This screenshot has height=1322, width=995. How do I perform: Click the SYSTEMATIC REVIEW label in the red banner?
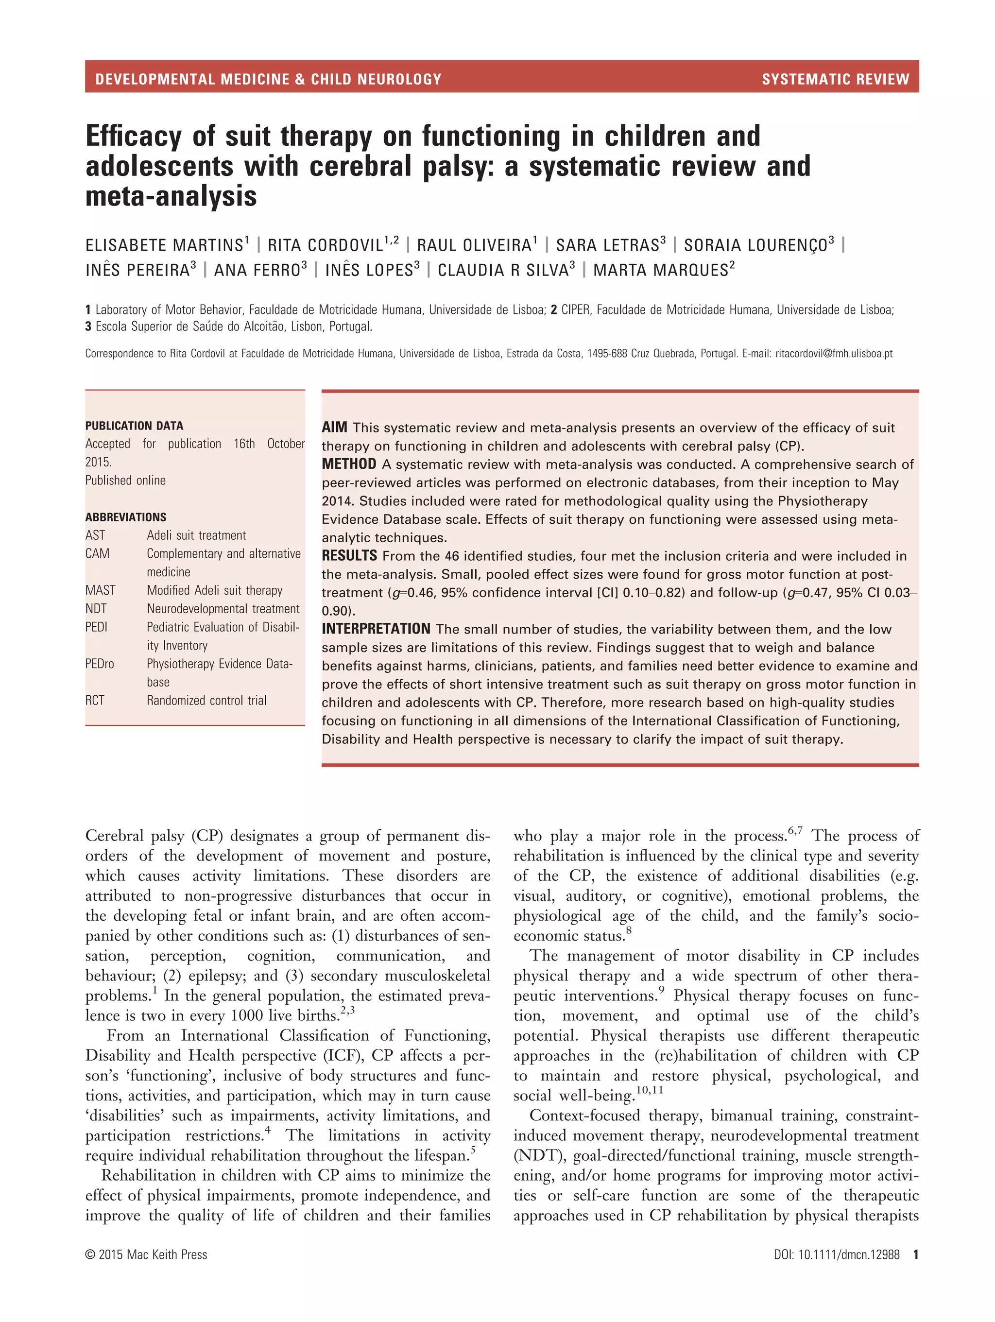[x=835, y=79]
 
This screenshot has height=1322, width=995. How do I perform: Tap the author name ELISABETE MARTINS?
[x=164, y=245]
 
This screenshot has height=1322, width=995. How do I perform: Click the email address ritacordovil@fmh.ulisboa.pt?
[x=834, y=353]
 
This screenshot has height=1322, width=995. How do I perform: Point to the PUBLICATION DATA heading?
[x=134, y=426]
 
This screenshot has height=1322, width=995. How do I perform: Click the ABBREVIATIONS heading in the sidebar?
[x=125, y=517]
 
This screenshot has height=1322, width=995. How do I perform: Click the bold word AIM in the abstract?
[x=334, y=428]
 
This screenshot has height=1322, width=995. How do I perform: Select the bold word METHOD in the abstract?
[x=349, y=464]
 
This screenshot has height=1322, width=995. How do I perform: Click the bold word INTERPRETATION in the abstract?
[x=376, y=629]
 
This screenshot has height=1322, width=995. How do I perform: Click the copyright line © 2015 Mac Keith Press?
[x=146, y=1254]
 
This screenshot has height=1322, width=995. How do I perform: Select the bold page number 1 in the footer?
[x=915, y=1254]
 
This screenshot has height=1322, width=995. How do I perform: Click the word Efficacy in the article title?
[x=133, y=136]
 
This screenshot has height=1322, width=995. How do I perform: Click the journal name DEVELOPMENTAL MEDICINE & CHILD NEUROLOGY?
[x=268, y=79]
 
